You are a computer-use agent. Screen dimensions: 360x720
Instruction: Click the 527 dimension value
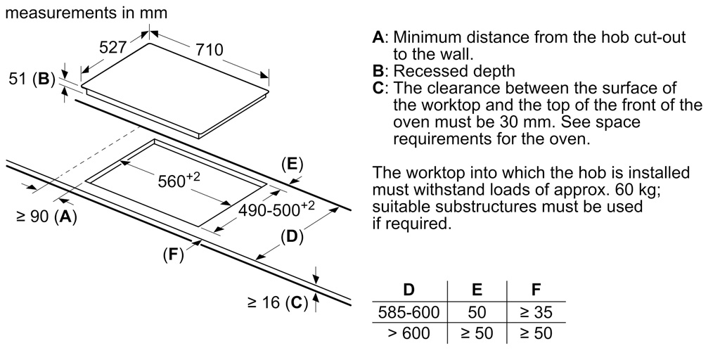(112, 48)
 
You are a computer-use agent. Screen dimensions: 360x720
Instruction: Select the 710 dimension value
(209, 49)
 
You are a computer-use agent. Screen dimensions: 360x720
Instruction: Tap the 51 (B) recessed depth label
(32, 79)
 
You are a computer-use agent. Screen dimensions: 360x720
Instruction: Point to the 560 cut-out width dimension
(179, 181)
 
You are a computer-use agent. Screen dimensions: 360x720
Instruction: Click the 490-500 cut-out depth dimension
(276, 208)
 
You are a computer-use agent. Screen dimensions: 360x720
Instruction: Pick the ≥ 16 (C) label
(278, 303)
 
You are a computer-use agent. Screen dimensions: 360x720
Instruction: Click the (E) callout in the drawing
(292, 165)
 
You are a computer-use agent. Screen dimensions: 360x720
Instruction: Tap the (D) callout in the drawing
(291, 237)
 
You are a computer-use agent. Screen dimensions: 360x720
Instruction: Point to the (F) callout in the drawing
(172, 255)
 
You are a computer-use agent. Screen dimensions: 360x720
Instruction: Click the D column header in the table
(409, 289)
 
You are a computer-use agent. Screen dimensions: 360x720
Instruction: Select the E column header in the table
(477, 289)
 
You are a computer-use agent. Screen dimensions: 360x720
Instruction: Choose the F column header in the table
(536, 289)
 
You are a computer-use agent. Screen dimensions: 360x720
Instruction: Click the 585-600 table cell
(409, 311)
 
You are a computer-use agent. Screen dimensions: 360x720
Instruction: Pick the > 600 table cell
(409, 333)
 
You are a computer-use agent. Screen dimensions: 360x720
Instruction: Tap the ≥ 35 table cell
(536, 311)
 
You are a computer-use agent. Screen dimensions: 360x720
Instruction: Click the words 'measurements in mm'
(86, 13)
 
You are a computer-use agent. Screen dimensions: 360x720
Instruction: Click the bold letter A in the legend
(378, 37)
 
